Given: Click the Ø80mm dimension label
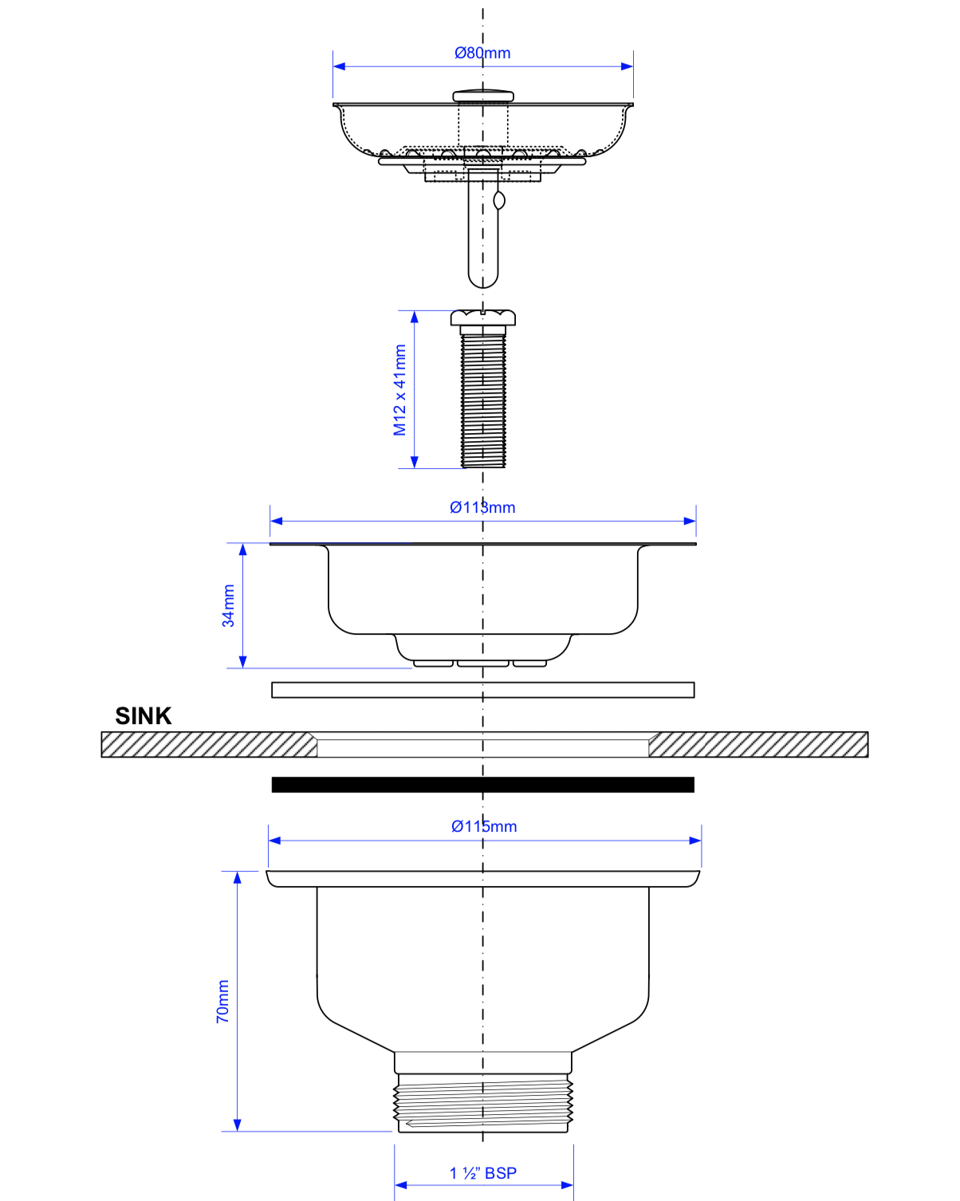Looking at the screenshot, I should (x=482, y=53).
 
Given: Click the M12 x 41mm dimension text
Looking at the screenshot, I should (x=399, y=390).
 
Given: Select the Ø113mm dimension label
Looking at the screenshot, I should (x=482, y=507).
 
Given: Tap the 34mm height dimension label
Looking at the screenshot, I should (x=228, y=605).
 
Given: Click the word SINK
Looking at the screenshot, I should (x=144, y=716).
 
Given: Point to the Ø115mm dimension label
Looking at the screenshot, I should (x=484, y=826).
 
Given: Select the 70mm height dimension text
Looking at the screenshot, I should (x=222, y=1002).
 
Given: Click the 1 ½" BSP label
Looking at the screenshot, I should (x=483, y=1173).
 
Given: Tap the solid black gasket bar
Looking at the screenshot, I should (x=482, y=785).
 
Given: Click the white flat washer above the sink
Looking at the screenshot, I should (x=482, y=690).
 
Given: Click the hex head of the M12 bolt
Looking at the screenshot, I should (x=482, y=318).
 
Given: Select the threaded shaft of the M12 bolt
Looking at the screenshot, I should (x=482, y=399).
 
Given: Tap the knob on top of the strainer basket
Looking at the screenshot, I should (x=482, y=96).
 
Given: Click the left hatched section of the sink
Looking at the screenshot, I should (x=209, y=745).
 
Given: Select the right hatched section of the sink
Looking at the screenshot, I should (x=757, y=745).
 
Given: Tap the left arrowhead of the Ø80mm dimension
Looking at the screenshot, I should (x=339, y=66).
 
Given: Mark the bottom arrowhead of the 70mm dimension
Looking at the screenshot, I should (x=237, y=1124).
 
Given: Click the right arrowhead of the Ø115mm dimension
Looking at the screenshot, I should (x=695, y=841).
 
